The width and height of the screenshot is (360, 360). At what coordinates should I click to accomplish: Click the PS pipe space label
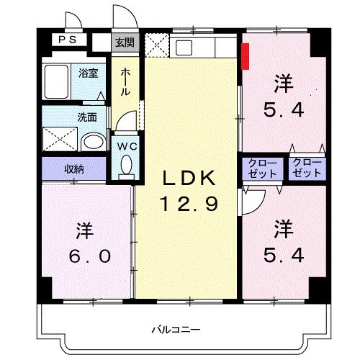pyautogui.click(x=68, y=40)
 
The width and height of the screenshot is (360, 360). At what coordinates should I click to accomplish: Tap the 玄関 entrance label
pyautogui.click(x=125, y=42)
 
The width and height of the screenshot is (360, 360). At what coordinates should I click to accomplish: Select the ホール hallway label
pyautogui.click(x=125, y=81)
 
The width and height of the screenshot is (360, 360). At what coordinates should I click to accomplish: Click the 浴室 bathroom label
pyautogui.click(x=89, y=73)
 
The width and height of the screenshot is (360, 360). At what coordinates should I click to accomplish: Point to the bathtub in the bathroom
pyautogui.click(x=56, y=81)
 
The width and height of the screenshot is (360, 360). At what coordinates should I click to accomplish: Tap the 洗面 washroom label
pyautogui.click(x=87, y=117)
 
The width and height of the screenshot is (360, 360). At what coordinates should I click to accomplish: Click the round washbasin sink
pyautogui.click(x=93, y=142)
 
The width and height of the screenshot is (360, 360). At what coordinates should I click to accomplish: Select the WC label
pyautogui.click(x=127, y=146)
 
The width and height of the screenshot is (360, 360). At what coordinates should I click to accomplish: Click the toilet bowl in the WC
pyautogui.click(x=126, y=165)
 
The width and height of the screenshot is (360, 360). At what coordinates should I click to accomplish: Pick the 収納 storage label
pyautogui.click(x=74, y=169)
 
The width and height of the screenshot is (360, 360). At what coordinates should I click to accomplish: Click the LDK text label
pyautogui.click(x=189, y=179)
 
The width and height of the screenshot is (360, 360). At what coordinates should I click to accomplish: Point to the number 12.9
pyautogui.click(x=189, y=204)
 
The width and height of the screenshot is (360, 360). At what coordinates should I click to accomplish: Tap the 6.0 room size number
pyautogui.click(x=90, y=256)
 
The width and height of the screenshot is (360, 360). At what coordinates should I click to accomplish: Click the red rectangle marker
pyautogui.click(x=246, y=56)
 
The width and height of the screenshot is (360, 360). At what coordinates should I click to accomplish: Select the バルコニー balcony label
pyautogui.click(x=176, y=330)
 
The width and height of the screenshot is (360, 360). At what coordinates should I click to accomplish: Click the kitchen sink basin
pyautogui.click(x=184, y=48)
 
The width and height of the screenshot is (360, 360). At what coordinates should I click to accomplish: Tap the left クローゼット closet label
pyautogui.click(x=262, y=168)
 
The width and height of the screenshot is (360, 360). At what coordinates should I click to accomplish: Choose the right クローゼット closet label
pyautogui.click(x=307, y=168)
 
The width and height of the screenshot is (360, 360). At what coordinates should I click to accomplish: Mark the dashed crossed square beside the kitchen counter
pyautogui.click(x=157, y=45)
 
